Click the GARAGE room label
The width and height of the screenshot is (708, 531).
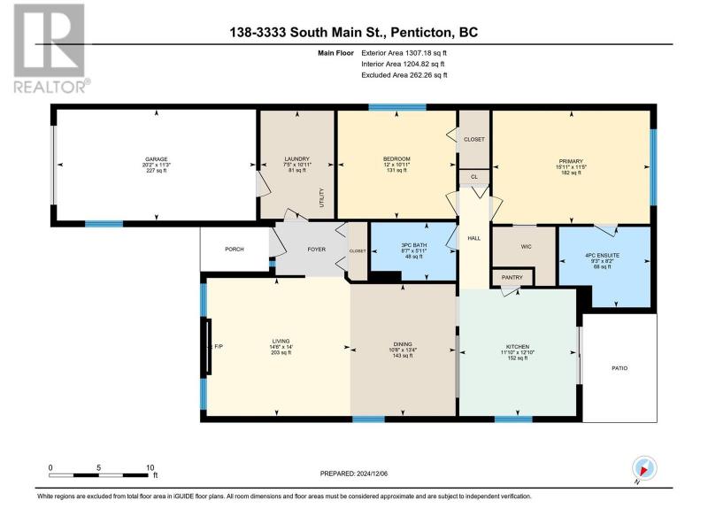pyautogui.click(x=157, y=159)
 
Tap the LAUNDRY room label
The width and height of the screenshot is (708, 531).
pyautogui.click(x=297, y=159)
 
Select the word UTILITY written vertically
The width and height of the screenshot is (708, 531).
pyautogui.click(x=322, y=197)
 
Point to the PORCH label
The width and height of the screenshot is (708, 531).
pyautogui.click(x=235, y=250)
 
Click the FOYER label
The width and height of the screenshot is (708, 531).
pyautogui.click(x=317, y=250)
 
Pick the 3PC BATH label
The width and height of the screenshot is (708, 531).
pyautogui.click(x=413, y=245)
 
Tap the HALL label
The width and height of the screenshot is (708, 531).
pyautogui.click(x=474, y=238)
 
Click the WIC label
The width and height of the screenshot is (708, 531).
pyautogui.click(x=526, y=247)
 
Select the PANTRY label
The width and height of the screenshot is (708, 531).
pyautogui.click(x=512, y=277)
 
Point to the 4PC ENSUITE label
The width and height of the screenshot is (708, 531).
pyautogui.click(x=603, y=255)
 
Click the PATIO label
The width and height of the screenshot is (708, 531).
pyautogui.click(x=619, y=368)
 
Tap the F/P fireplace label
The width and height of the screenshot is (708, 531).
pyautogui.click(x=218, y=346)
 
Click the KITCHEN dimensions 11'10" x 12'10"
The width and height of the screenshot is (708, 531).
pyautogui.click(x=518, y=352)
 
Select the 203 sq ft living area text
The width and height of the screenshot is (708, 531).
pyautogui.click(x=281, y=352)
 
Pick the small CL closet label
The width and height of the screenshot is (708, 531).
pyautogui.click(x=474, y=177)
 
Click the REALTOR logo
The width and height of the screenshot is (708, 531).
pyautogui.click(x=50, y=49)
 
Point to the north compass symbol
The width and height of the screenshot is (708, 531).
pyautogui.click(x=644, y=468)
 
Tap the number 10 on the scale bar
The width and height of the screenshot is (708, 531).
pyautogui.click(x=150, y=468)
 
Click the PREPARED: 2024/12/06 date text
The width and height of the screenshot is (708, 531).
pyautogui.click(x=354, y=473)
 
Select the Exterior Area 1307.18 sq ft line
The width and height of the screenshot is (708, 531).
pyautogui.click(x=404, y=53)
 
